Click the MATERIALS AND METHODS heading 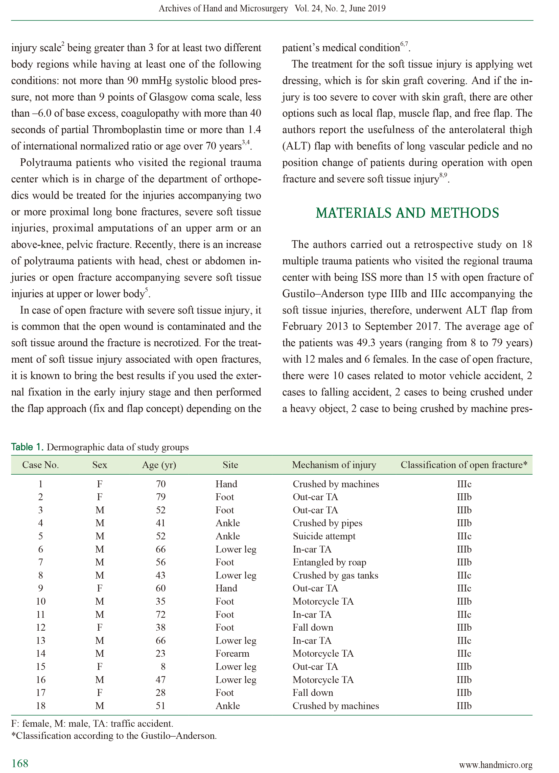click(407, 213)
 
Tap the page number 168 click(20, 763)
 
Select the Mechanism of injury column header click(334, 465)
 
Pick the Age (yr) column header click(159, 465)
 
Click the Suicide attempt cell click(324, 536)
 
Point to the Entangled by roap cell click(329, 562)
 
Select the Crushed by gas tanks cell click(335, 575)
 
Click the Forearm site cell click(232, 653)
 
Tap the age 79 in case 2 click(160, 497)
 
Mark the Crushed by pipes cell click(327, 523)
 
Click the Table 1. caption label click(27, 447)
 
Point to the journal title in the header click(223, 9)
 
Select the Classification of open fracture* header click(464, 465)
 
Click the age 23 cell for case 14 click(160, 653)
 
